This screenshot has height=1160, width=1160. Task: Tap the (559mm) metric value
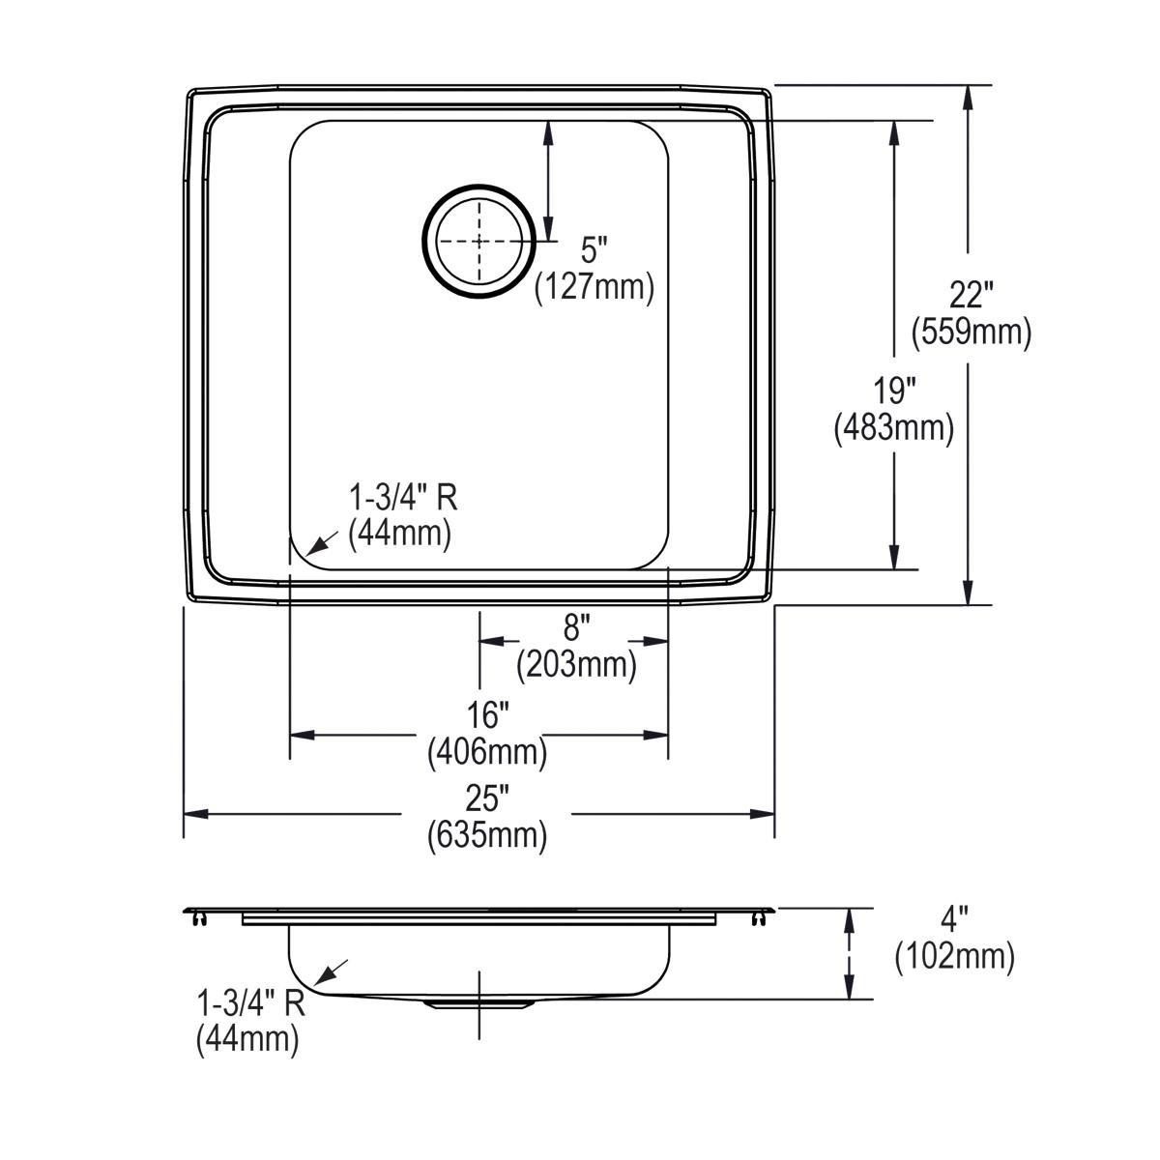(971, 333)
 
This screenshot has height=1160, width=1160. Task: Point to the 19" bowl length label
(894, 391)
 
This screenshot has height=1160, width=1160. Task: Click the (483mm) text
(894, 428)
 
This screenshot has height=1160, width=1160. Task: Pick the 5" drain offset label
(594, 250)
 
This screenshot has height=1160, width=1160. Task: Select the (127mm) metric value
(594, 288)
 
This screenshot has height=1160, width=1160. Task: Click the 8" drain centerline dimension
(576, 628)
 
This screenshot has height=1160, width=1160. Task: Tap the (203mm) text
(576, 665)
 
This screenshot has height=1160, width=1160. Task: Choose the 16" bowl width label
(487, 716)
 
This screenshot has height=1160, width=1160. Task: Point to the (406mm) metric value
(487, 752)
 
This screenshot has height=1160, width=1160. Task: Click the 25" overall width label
(487, 798)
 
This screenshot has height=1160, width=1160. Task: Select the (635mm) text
(487, 835)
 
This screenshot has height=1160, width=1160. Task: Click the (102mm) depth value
(954, 957)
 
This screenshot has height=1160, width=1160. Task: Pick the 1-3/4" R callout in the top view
(402, 498)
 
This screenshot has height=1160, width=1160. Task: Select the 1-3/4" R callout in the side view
(250, 1002)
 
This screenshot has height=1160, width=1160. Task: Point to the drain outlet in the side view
(479, 1004)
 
